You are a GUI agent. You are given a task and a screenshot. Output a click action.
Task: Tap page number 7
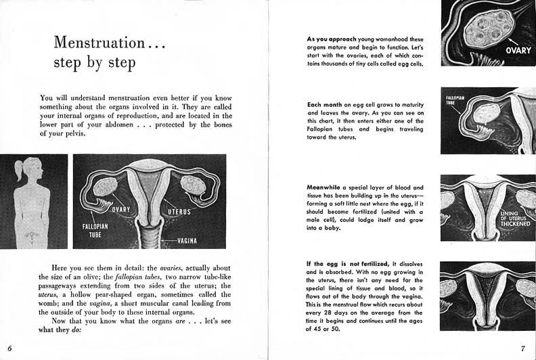(523, 348)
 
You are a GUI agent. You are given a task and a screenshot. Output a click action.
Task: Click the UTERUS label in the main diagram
(174, 212)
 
